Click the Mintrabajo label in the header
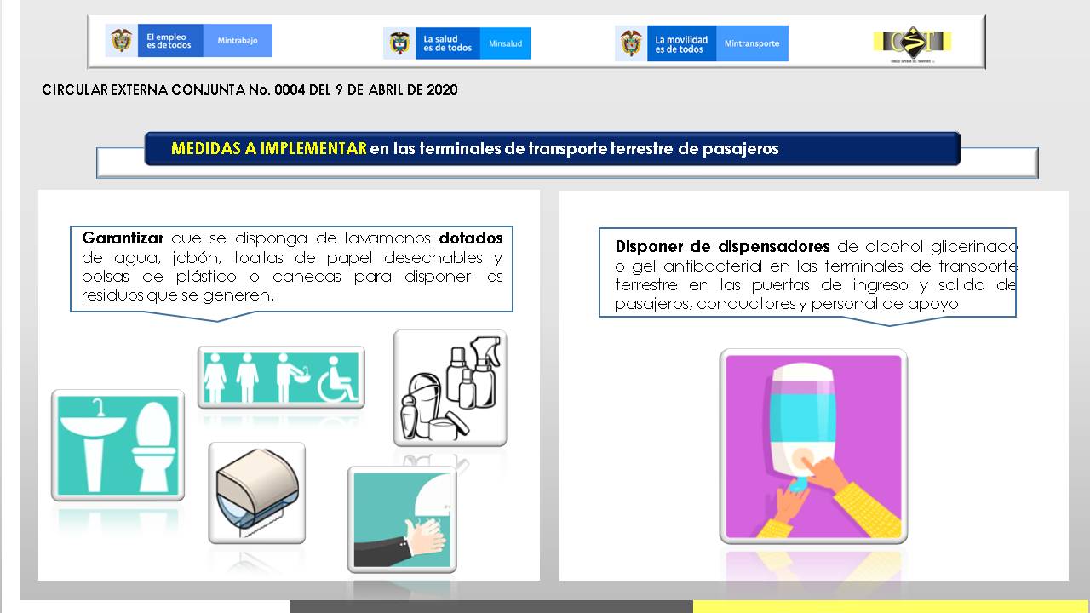click(238, 40)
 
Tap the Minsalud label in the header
click(505, 43)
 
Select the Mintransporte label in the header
click(752, 43)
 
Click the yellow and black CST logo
click(912, 43)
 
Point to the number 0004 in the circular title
click(290, 89)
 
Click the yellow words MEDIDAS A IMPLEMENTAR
click(268, 148)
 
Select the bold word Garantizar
click(123, 238)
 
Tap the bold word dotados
click(471, 238)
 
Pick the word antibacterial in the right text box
click(713, 266)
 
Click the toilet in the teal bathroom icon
click(152, 446)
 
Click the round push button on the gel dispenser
click(803, 459)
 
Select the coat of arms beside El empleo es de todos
click(121, 40)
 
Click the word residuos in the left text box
click(112, 295)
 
